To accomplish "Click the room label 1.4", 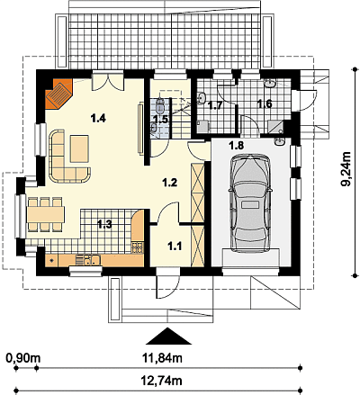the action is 98,119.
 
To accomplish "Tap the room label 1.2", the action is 170,183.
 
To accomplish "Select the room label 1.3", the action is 105,224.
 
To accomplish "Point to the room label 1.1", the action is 175,247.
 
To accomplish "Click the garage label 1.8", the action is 237,146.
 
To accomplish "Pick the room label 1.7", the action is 215,105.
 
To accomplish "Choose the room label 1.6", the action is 265,104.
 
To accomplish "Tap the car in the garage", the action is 249,203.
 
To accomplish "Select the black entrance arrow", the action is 169,336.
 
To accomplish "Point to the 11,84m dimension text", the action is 162,358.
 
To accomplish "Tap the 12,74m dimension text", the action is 161,381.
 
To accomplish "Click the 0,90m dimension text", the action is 23,358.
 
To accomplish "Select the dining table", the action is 46,214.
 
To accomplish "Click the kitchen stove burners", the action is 137,248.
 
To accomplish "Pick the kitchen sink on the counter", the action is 87,259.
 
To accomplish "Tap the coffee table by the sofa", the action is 79,148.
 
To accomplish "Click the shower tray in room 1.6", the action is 275,127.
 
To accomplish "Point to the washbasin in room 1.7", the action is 202,97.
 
